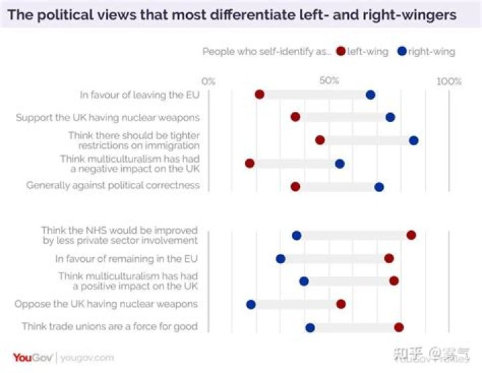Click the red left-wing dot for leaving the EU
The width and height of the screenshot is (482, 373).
(260, 94)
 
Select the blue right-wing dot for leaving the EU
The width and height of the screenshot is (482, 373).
(370, 94)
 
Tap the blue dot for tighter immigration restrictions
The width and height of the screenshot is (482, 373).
(414, 140)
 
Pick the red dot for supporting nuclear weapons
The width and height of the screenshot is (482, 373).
(295, 117)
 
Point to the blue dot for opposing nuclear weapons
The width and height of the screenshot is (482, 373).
(251, 304)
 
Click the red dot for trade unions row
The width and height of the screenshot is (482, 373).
(399, 327)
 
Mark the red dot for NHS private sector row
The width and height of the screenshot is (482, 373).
(411, 235)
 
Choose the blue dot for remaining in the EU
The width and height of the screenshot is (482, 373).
(280, 258)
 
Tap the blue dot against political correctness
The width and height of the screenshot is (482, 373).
(379, 186)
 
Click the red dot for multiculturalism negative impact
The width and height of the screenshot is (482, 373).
(250, 163)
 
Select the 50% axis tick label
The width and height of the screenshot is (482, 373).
(329, 81)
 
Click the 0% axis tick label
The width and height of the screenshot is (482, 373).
(208, 81)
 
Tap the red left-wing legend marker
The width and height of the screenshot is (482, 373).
(341, 52)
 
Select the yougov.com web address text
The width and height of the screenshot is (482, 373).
(87, 358)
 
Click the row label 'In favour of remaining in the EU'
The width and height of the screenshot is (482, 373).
(127, 258)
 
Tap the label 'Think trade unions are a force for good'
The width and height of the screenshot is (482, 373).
(110, 327)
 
